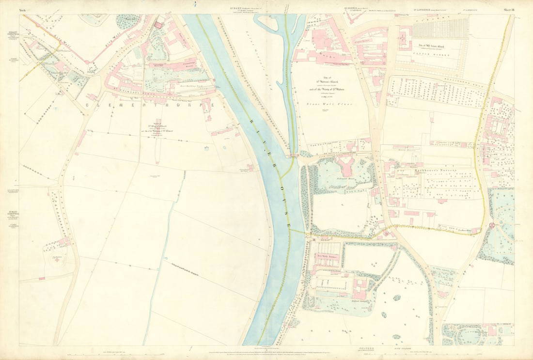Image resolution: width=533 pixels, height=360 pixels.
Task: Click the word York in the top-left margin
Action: point(22,10)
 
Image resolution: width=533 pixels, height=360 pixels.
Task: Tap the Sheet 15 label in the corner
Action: point(508,10)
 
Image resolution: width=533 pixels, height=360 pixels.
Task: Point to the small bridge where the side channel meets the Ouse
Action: point(294,156)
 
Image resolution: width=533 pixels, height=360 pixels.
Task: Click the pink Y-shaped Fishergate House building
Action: point(347,167)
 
